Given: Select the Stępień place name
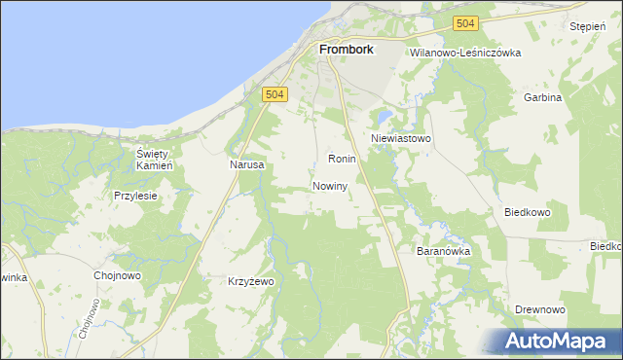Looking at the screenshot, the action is pos(589,27).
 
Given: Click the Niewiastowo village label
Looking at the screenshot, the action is pos(400,139).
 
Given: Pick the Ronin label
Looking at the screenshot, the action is pos(342,159).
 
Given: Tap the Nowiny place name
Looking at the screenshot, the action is pos(331,186).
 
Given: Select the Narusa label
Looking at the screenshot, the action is pos(247,165).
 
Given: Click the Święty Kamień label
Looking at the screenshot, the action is pos(154,160).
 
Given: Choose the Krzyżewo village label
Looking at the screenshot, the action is pos(251,281).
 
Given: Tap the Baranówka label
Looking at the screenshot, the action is pos(444,251).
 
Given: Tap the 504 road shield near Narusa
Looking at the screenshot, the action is pos(275,93).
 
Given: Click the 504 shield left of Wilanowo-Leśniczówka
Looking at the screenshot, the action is pos(466,23).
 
